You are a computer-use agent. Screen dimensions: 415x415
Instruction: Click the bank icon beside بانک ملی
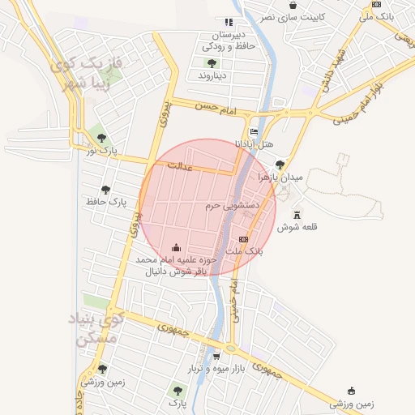click(x=376, y=4)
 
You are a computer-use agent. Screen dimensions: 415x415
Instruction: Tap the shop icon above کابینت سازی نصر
click(x=293, y=5)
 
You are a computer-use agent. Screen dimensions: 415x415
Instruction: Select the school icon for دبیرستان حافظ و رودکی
click(x=229, y=22)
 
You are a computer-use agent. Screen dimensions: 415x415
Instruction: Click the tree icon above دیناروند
click(x=212, y=62)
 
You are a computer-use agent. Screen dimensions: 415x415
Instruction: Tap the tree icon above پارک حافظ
click(x=105, y=189)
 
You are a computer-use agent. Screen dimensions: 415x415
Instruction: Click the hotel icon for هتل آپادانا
click(x=254, y=132)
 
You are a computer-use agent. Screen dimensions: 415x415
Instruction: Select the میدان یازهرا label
click(x=280, y=177)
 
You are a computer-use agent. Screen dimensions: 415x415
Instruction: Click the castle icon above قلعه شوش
click(x=297, y=215)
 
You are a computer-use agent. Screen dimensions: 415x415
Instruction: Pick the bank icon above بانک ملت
click(x=243, y=240)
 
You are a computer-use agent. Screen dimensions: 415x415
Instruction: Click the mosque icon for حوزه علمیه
click(x=177, y=246)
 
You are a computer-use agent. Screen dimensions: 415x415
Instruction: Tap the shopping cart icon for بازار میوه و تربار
click(x=216, y=356)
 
